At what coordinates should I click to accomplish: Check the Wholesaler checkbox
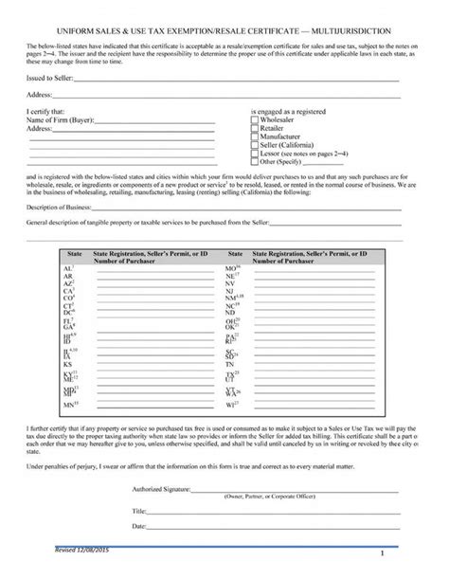tap(256, 120)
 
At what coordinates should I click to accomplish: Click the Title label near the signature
tap(138, 510)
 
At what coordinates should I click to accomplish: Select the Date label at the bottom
tap(138, 525)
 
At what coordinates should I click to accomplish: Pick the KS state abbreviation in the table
tap(67, 363)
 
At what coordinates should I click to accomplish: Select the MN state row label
tap(68, 406)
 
